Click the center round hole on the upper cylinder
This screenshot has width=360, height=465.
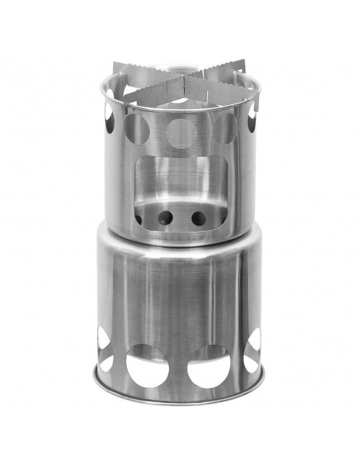pos(181,132)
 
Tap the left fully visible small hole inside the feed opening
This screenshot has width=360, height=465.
pos(166,217)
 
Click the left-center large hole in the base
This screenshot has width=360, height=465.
pos(147,369)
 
